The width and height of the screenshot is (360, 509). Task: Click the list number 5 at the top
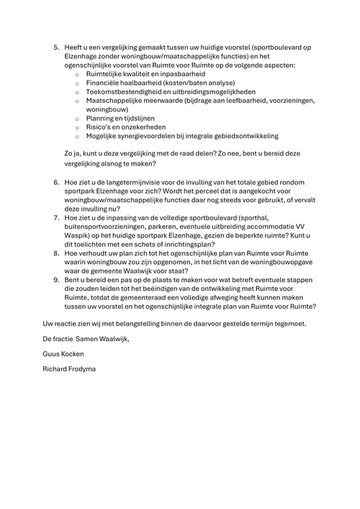[x=56, y=47]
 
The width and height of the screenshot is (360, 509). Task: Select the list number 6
[x=56, y=183]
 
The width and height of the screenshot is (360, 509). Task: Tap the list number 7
[x=56, y=216]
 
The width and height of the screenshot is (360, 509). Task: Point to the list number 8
[x=56, y=253]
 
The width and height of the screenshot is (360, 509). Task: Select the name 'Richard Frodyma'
[x=72, y=370]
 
